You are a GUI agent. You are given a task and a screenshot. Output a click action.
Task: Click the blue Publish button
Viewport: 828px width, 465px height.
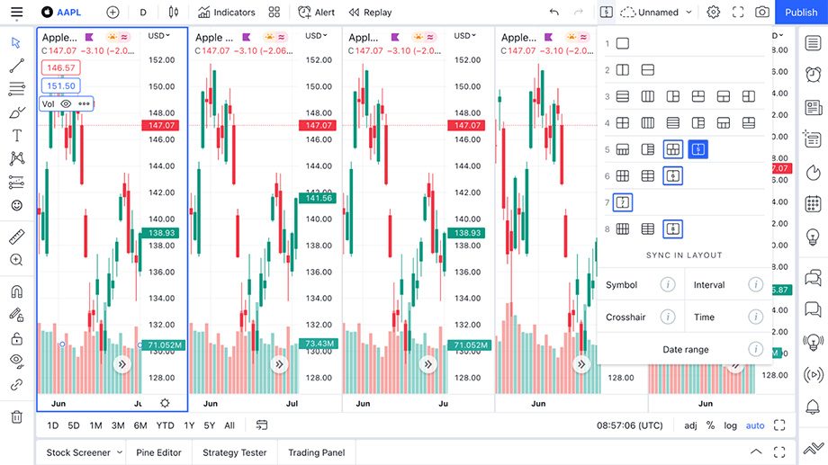click(801, 13)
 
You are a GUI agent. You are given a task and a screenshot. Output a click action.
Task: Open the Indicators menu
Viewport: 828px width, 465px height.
click(227, 13)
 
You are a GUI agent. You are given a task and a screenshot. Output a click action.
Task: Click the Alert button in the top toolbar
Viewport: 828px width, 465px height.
click(316, 13)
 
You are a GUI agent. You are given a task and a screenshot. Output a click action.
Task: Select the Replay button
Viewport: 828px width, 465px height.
click(371, 13)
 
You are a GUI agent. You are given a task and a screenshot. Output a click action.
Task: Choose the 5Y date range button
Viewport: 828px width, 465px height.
click(210, 425)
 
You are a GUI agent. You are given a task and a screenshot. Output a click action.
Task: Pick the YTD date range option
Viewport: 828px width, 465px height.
click(165, 425)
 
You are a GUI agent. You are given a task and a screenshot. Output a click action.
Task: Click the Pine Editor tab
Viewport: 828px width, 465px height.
click(158, 452)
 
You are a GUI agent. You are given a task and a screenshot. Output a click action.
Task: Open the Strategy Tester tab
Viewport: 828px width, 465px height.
click(234, 452)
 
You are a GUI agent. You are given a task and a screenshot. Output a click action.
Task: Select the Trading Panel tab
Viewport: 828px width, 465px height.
click(316, 452)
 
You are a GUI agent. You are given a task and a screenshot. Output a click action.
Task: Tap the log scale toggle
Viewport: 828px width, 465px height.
click(730, 425)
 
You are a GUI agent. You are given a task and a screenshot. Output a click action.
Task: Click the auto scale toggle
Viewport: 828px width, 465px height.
click(754, 425)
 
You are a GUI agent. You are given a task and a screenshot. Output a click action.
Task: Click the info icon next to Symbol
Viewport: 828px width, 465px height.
click(668, 285)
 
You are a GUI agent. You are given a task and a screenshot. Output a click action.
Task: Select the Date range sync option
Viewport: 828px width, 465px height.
click(686, 350)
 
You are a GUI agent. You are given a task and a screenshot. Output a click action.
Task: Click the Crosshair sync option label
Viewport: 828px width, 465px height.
click(625, 317)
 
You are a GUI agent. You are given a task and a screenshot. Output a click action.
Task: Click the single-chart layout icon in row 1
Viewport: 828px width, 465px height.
click(623, 44)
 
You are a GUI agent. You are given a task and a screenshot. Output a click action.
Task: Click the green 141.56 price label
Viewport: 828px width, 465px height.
click(319, 198)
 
